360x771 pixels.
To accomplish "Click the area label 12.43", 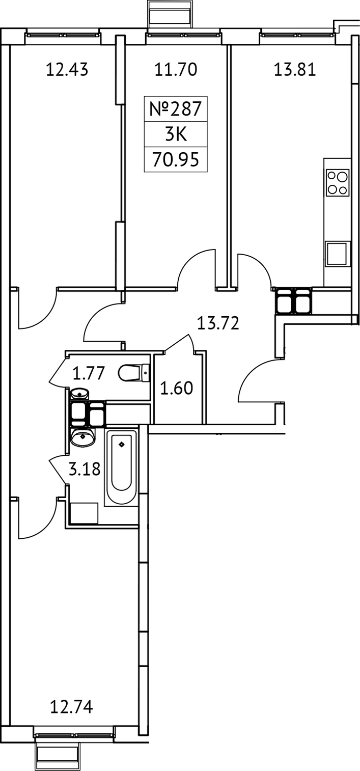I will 67,69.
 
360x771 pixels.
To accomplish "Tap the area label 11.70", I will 175,69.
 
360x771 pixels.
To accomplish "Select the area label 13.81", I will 295,69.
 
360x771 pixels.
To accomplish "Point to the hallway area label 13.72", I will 218,323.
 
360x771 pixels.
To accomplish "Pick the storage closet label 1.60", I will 177,389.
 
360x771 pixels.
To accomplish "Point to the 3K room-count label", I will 175,135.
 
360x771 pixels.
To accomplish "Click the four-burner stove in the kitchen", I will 338,183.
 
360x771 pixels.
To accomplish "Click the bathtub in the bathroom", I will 121,466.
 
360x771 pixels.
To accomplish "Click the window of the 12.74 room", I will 74,735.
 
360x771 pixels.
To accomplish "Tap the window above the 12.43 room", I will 62,35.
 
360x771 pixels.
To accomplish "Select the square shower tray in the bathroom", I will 84,513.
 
